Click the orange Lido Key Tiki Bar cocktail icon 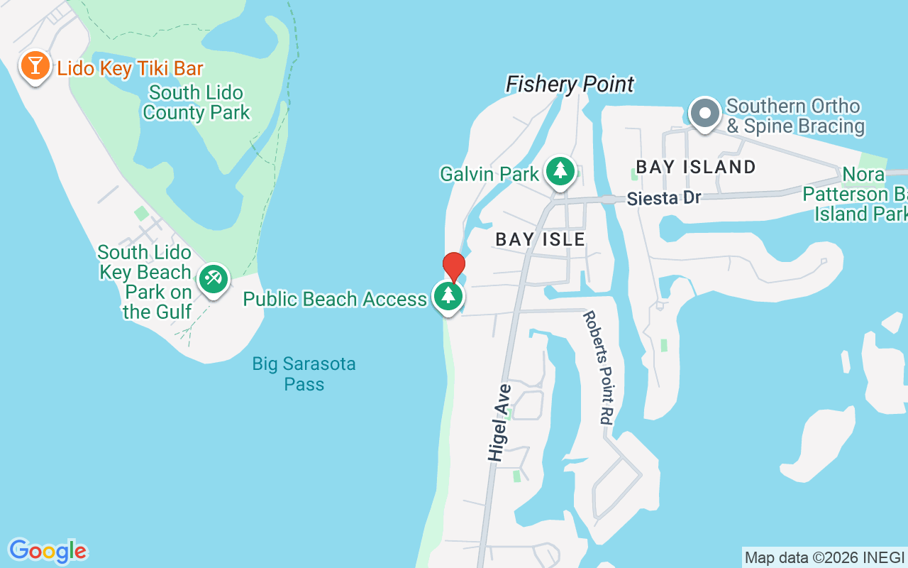point(34,66)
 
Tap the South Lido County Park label point(196,103)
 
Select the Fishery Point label point(570,84)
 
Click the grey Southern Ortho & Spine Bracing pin point(705,114)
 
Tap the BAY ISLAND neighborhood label point(695,168)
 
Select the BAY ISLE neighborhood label point(541,240)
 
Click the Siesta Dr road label point(663,198)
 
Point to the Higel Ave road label point(499,423)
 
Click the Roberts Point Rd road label point(598,368)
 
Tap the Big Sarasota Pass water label point(304,374)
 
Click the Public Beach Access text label point(335,299)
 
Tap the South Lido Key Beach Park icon point(212,278)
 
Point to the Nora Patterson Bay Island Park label point(855,194)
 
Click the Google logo point(48,551)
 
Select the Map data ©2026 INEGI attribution point(824,557)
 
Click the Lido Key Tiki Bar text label point(131,69)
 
